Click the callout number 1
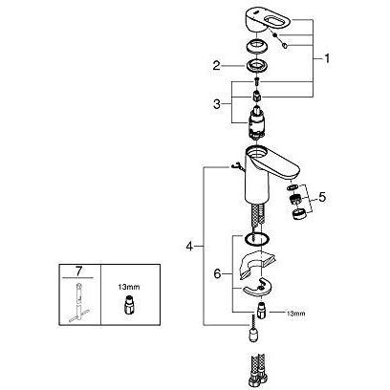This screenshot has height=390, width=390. tap(326, 59)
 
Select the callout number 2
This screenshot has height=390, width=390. tap(216, 66)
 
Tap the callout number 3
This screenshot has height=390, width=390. tap(217, 104)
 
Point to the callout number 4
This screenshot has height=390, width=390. tap(189, 246)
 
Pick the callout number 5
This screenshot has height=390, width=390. tap(322, 198)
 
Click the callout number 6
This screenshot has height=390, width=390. tap(217, 273)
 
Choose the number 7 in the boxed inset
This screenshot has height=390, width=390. tap(78, 271)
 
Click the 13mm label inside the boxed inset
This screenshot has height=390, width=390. tap(129, 287)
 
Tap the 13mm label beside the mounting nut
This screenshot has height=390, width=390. tap(295, 314)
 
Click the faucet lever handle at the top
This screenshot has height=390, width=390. tap(267, 20)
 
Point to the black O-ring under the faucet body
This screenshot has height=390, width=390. tap(257, 239)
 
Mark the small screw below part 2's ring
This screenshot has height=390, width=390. tap(257, 81)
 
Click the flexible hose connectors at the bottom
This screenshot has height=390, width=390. tap(257, 373)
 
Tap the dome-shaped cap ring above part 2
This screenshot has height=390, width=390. tap(257, 47)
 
